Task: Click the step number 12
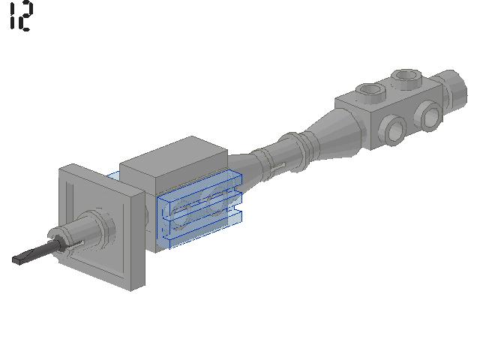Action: pyautogui.click(x=20, y=16)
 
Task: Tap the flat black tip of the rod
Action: pyautogui.click(x=22, y=259)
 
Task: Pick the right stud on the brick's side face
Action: pyautogui.click(x=428, y=115)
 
